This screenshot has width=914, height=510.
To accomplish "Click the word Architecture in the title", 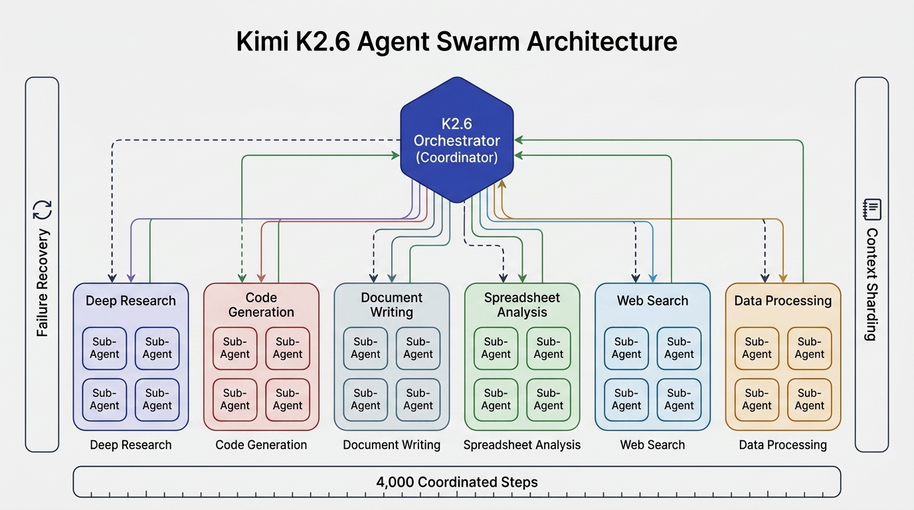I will click(x=602, y=42).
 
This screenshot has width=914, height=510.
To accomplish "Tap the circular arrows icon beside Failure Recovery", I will click(x=42, y=211).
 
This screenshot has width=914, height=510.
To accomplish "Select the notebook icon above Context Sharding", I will click(x=871, y=209).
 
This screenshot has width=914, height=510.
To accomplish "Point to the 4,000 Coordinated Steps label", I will click(x=456, y=481).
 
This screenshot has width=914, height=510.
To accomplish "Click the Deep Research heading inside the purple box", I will click(x=131, y=301).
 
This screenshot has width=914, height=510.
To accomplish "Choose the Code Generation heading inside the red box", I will click(x=261, y=305).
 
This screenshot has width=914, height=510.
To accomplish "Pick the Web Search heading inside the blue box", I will click(x=652, y=301).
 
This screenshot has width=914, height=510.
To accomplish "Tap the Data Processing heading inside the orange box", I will click(x=782, y=301).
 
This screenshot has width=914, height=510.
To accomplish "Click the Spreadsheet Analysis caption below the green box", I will click(x=521, y=445).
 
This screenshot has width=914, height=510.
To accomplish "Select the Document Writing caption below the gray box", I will click(x=391, y=445).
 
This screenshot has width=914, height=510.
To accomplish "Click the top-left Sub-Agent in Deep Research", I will click(x=105, y=348).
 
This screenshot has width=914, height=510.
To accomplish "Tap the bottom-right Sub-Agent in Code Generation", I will click(x=288, y=400).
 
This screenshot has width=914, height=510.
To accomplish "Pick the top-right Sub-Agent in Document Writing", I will click(x=418, y=348).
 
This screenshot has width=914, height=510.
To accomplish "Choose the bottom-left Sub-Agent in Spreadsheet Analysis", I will click(x=496, y=400).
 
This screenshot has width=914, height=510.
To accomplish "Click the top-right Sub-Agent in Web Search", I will click(x=679, y=348).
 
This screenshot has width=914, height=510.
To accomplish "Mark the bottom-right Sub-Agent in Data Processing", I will click(x=809, y=400).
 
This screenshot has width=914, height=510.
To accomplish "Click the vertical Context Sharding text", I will click(x=871, y=284).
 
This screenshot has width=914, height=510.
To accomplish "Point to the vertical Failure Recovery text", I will click(x=43, y=283).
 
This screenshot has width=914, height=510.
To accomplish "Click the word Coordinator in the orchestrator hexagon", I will click(x=456, y=158).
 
